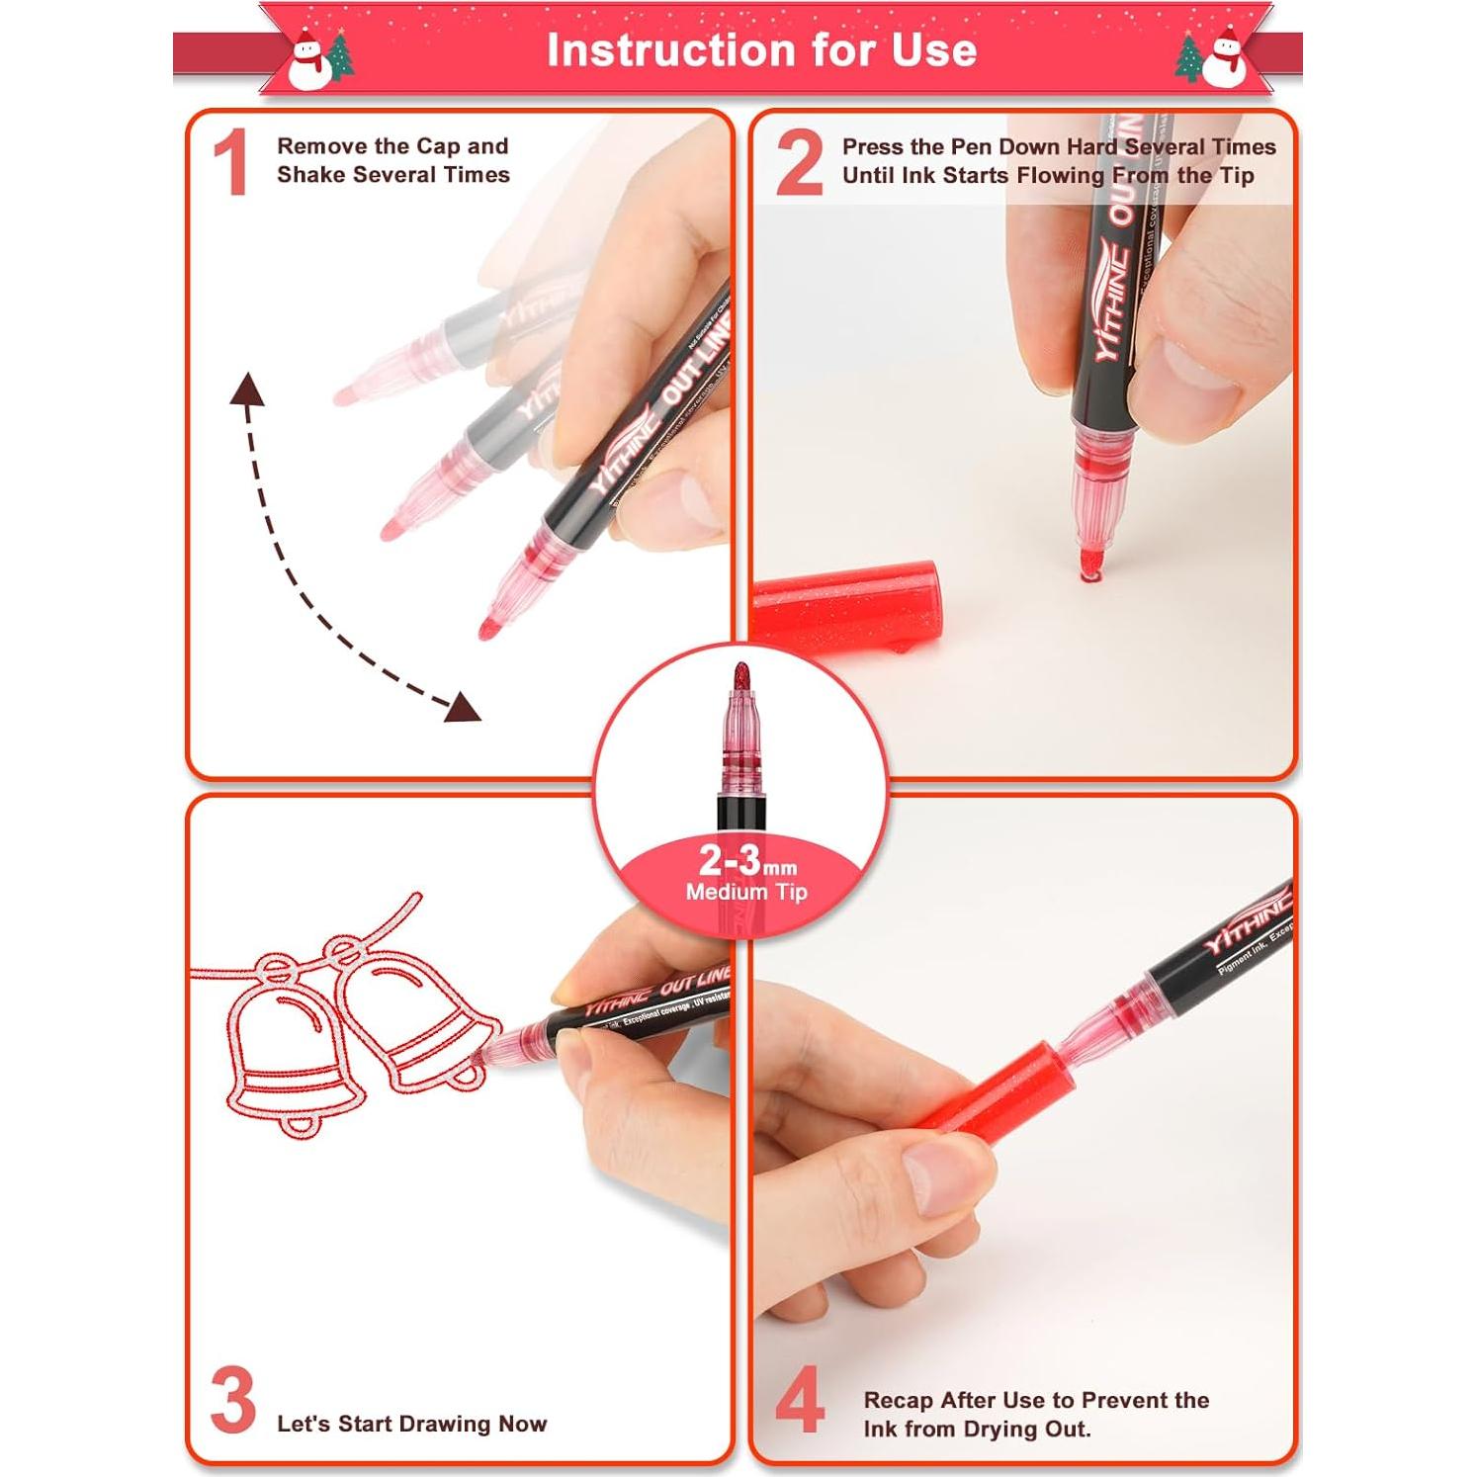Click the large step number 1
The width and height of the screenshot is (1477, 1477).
pos(230,163)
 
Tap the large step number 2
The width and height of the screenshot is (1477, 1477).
pos(799,163)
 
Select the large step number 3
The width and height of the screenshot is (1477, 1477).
pos(233,1401)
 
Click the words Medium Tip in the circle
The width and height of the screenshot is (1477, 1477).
pos(746,892)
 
